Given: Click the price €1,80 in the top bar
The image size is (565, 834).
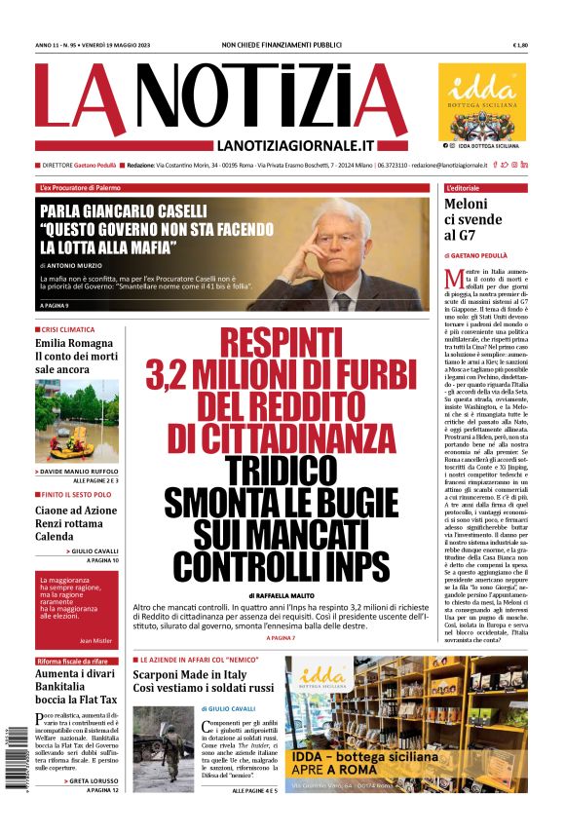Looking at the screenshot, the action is [519, 46].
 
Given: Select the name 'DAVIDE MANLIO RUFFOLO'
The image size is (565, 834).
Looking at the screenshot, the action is [81, 472].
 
